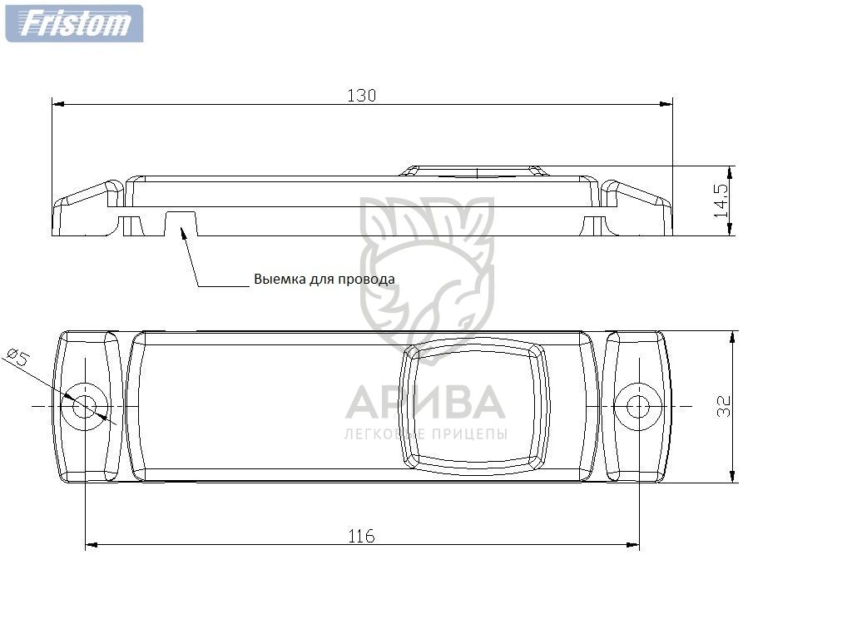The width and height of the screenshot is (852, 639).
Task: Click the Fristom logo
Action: click(74, 23)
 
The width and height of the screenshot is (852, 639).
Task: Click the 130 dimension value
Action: click(361, 96)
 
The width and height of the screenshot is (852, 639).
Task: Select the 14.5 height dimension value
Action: click(721, 201)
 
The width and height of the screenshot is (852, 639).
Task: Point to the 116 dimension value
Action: click(361, 537)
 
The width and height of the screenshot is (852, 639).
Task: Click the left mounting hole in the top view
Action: click(84, 406)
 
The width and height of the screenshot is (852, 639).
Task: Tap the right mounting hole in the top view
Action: click(638, 406)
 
